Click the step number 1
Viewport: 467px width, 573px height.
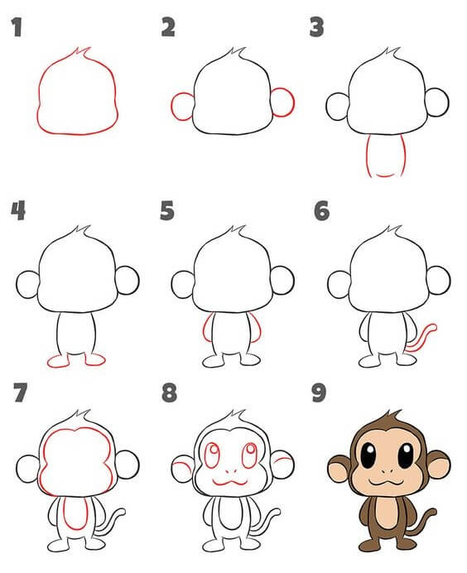tap(17, 27)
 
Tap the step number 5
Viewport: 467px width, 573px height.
tap(167, 211)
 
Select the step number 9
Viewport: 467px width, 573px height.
tap(319, 392)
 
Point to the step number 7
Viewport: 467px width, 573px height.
tap(20, 392)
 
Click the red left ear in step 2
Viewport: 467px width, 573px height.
tap(172, 106)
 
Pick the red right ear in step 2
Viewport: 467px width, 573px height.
tap(293, 103)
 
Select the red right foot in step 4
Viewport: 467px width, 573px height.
tap(95, 364)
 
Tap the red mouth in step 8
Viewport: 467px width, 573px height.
tap(230, 484)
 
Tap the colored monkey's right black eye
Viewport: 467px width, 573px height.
tap(406, 455)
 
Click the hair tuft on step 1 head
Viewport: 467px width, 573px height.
tap(82, 53)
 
